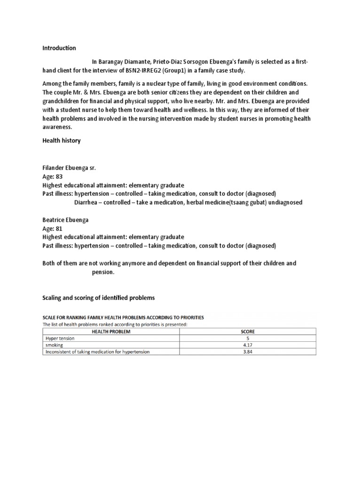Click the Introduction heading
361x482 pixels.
click(59, 48)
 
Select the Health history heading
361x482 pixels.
click(62, 141)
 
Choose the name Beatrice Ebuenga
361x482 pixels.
click(65, 220)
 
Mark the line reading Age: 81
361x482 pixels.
click(52, 228)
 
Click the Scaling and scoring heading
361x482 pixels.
click(98, 298)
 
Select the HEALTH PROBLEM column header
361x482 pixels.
click(111, 331)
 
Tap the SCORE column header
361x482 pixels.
click(248, 331)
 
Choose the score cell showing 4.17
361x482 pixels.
click(248, 345)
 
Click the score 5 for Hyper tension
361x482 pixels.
click(248, 338)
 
